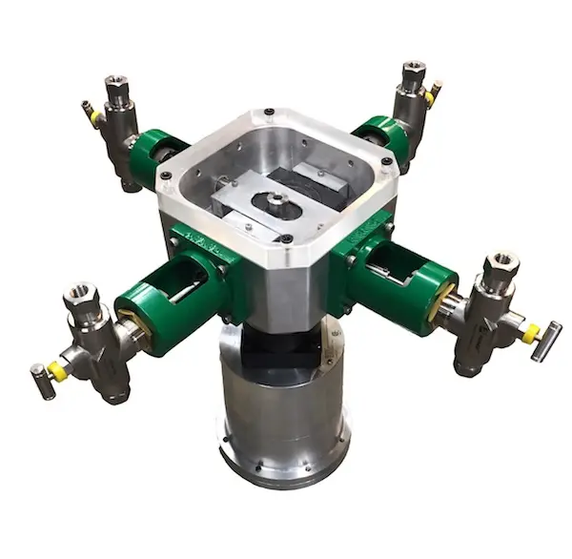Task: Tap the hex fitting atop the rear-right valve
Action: [x=414, y=72]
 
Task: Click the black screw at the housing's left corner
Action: [x=166, y=177]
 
